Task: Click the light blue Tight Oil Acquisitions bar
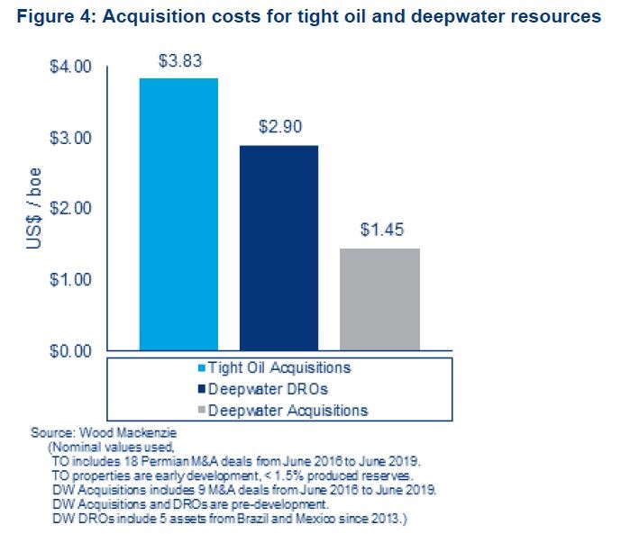coord(178,213)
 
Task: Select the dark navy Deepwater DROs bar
coord(278,247)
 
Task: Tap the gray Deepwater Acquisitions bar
coord(379,298)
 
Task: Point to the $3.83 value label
coord(178,61)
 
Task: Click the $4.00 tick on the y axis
coord(71,67)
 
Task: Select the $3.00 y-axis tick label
coord(71,138)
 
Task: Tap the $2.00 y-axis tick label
coord(71,208)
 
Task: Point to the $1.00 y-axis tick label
coord(71,279)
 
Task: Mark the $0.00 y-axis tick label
coord(71,350)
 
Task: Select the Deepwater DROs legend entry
coord(261,389)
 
